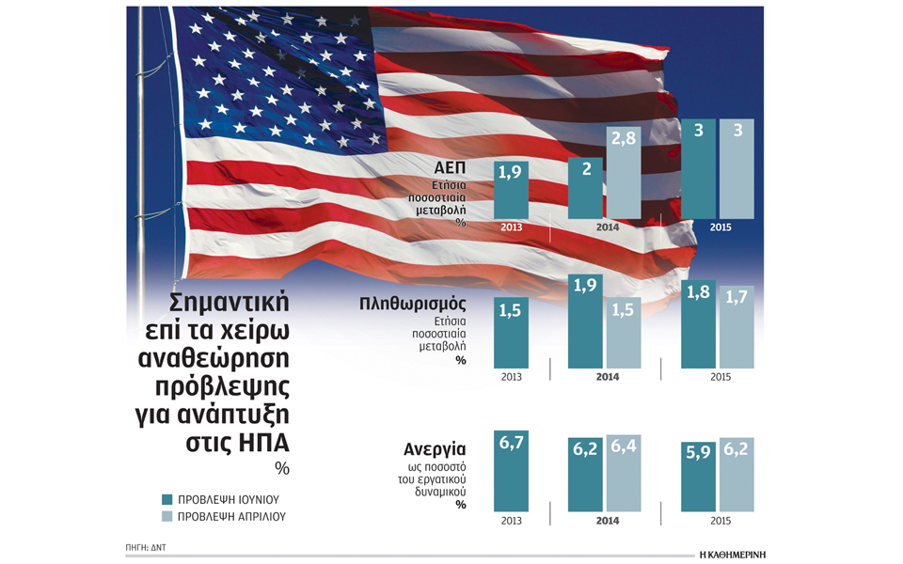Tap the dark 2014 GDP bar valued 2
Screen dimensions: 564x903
[x=585, y=187]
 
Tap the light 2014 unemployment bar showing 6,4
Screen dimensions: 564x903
[x=623, y=475]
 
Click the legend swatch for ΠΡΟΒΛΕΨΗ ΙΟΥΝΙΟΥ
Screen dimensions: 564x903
[x=166, y=499]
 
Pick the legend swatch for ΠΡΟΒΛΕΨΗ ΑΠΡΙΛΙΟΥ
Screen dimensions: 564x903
[x=166, y=516]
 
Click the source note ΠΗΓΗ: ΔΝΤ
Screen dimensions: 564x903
[x=145, y=545]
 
